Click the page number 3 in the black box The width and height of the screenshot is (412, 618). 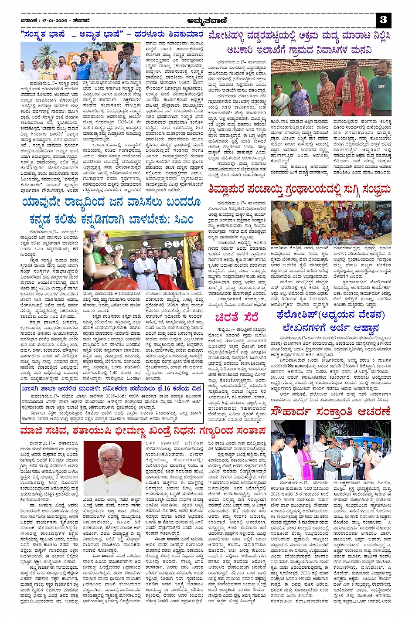coord(384,20)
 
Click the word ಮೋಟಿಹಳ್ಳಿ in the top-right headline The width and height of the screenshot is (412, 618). coord(230,35)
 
